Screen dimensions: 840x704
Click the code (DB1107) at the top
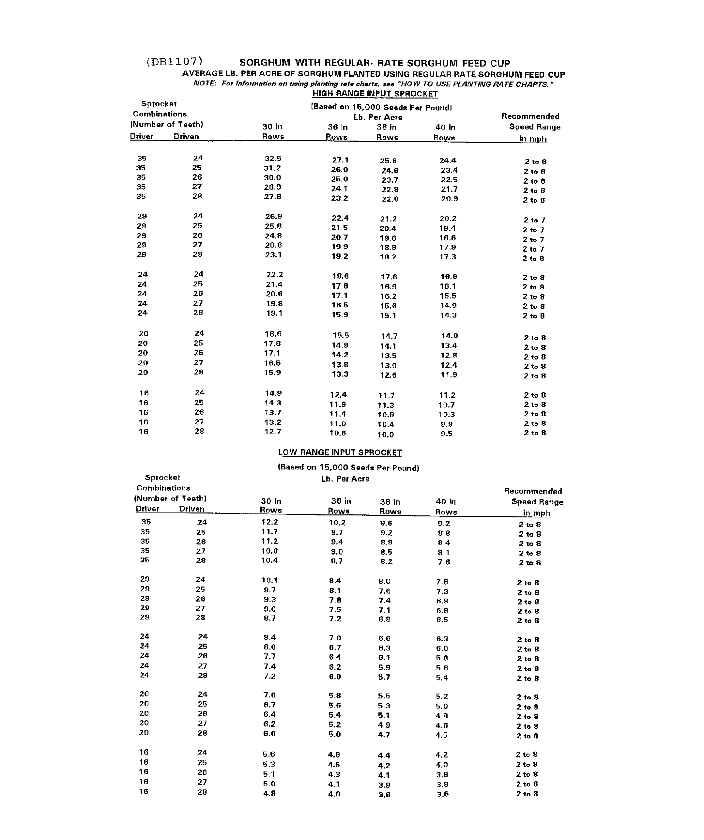click(175, 62)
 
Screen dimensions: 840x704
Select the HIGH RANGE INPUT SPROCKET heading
click(375, 94)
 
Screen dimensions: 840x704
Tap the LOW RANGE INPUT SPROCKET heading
click(340, 452)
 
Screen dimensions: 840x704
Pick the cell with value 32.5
click(273, 159)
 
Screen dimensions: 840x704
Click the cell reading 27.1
click(340, 160)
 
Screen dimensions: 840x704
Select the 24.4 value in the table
click(448, 161)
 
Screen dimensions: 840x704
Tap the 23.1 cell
click(274, 255)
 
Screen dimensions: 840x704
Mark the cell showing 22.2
click(275, 274)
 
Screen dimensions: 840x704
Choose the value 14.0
click(450, 336)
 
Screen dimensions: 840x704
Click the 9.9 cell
click(446, 424)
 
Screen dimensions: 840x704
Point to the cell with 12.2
click(269, 522)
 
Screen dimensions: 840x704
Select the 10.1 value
click(269, 580)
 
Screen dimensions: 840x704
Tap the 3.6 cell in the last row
click(443, 794)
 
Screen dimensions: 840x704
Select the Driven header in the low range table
click(191, 509)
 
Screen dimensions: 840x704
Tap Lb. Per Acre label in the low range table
click(345, 479)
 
